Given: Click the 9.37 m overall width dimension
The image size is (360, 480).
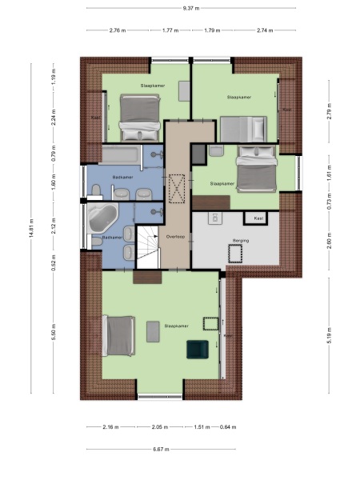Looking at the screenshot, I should pos(191,9).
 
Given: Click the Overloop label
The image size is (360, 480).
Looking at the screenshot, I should pos(176,236).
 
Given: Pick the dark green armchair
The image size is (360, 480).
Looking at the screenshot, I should pos(197,350).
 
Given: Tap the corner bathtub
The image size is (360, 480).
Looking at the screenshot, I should pos(102,215).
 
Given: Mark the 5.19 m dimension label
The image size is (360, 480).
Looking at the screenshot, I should pos(329,331).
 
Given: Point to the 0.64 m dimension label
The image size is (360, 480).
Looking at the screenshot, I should pos(230,427).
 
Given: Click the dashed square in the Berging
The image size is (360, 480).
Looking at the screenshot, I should pos(236,254).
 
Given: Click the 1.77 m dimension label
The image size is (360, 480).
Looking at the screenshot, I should pos(170,31).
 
